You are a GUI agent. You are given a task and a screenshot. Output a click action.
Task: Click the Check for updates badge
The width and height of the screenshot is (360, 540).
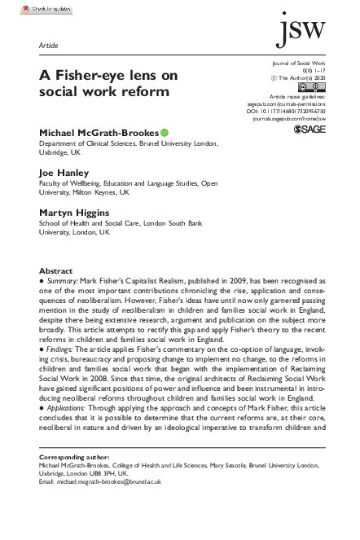(47, 7)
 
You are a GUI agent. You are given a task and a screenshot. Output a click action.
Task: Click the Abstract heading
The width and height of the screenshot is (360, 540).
(56, 270)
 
